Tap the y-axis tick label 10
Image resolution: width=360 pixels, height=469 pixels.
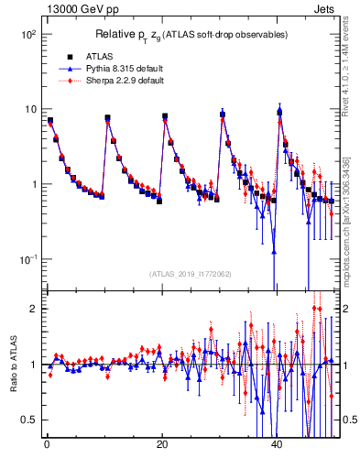29,109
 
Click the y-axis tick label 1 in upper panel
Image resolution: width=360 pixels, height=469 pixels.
33,184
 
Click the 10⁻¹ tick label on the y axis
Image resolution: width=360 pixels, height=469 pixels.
27,259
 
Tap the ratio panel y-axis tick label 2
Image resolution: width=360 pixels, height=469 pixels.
33,309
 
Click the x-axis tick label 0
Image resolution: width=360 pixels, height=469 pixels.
46,443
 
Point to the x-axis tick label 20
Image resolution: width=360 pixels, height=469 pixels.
161,443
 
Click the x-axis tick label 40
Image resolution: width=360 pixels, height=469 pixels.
278,443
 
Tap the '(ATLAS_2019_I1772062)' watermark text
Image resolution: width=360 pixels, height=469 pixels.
191,274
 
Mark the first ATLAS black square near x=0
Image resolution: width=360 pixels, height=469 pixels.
50,121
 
